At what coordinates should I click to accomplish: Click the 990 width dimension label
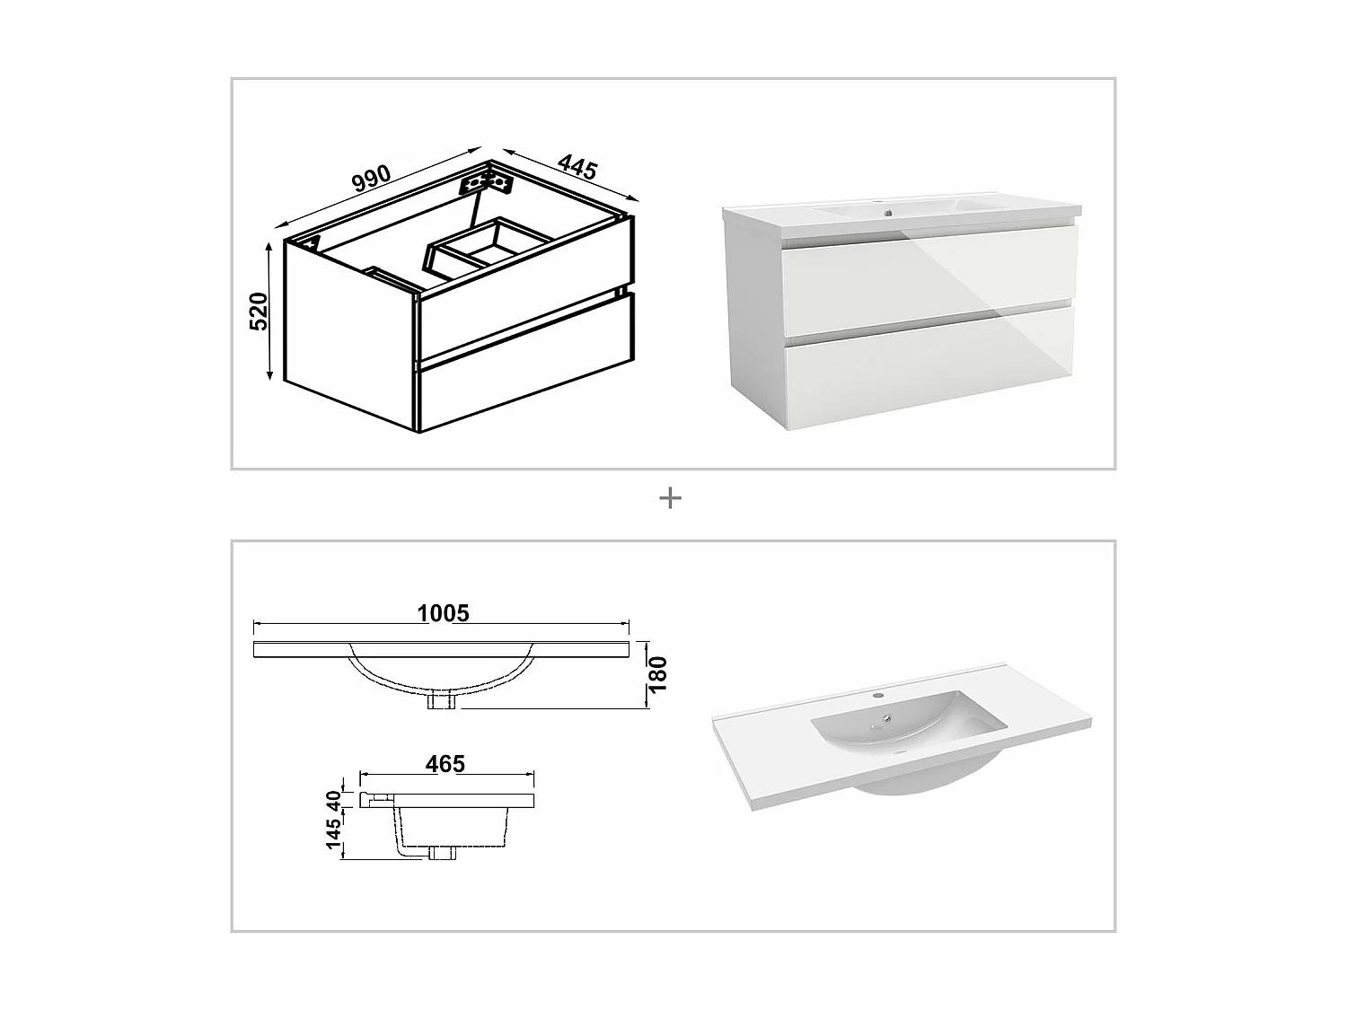tap(371, 178)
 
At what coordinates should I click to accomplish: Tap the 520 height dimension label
tap(259, 311)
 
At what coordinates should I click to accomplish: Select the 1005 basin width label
tap(444, 613)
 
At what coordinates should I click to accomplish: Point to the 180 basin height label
tap(658, 674)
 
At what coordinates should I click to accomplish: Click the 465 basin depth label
tap(445, 764)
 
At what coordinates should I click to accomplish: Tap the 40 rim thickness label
tap(334, 798)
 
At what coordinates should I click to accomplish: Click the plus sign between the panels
tap(670, 497)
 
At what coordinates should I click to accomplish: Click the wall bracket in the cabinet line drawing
tap(486, 182)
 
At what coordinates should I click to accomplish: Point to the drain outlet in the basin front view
tap(443, 701)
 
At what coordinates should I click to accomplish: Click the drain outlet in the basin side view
tap(442, 852)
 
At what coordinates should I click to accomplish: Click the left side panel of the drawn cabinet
tap(350, 334)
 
